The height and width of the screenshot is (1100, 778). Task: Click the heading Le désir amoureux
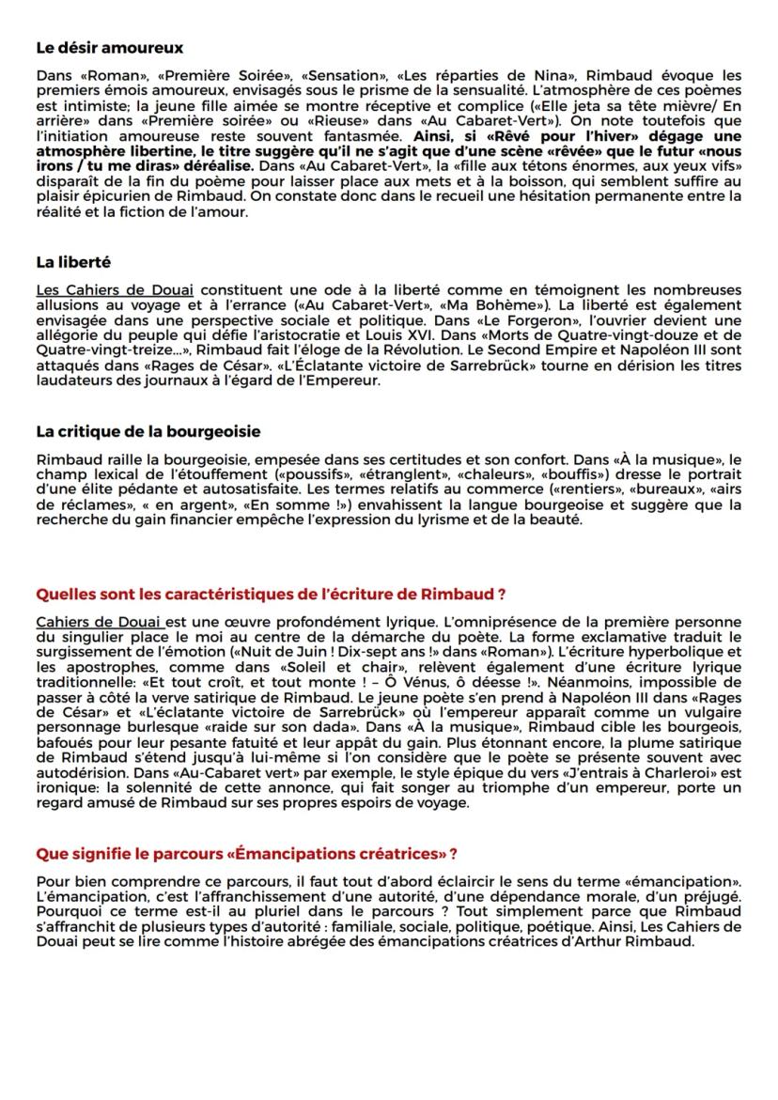click(109, 47)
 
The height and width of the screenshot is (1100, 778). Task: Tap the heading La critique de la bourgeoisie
click(148, 431)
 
